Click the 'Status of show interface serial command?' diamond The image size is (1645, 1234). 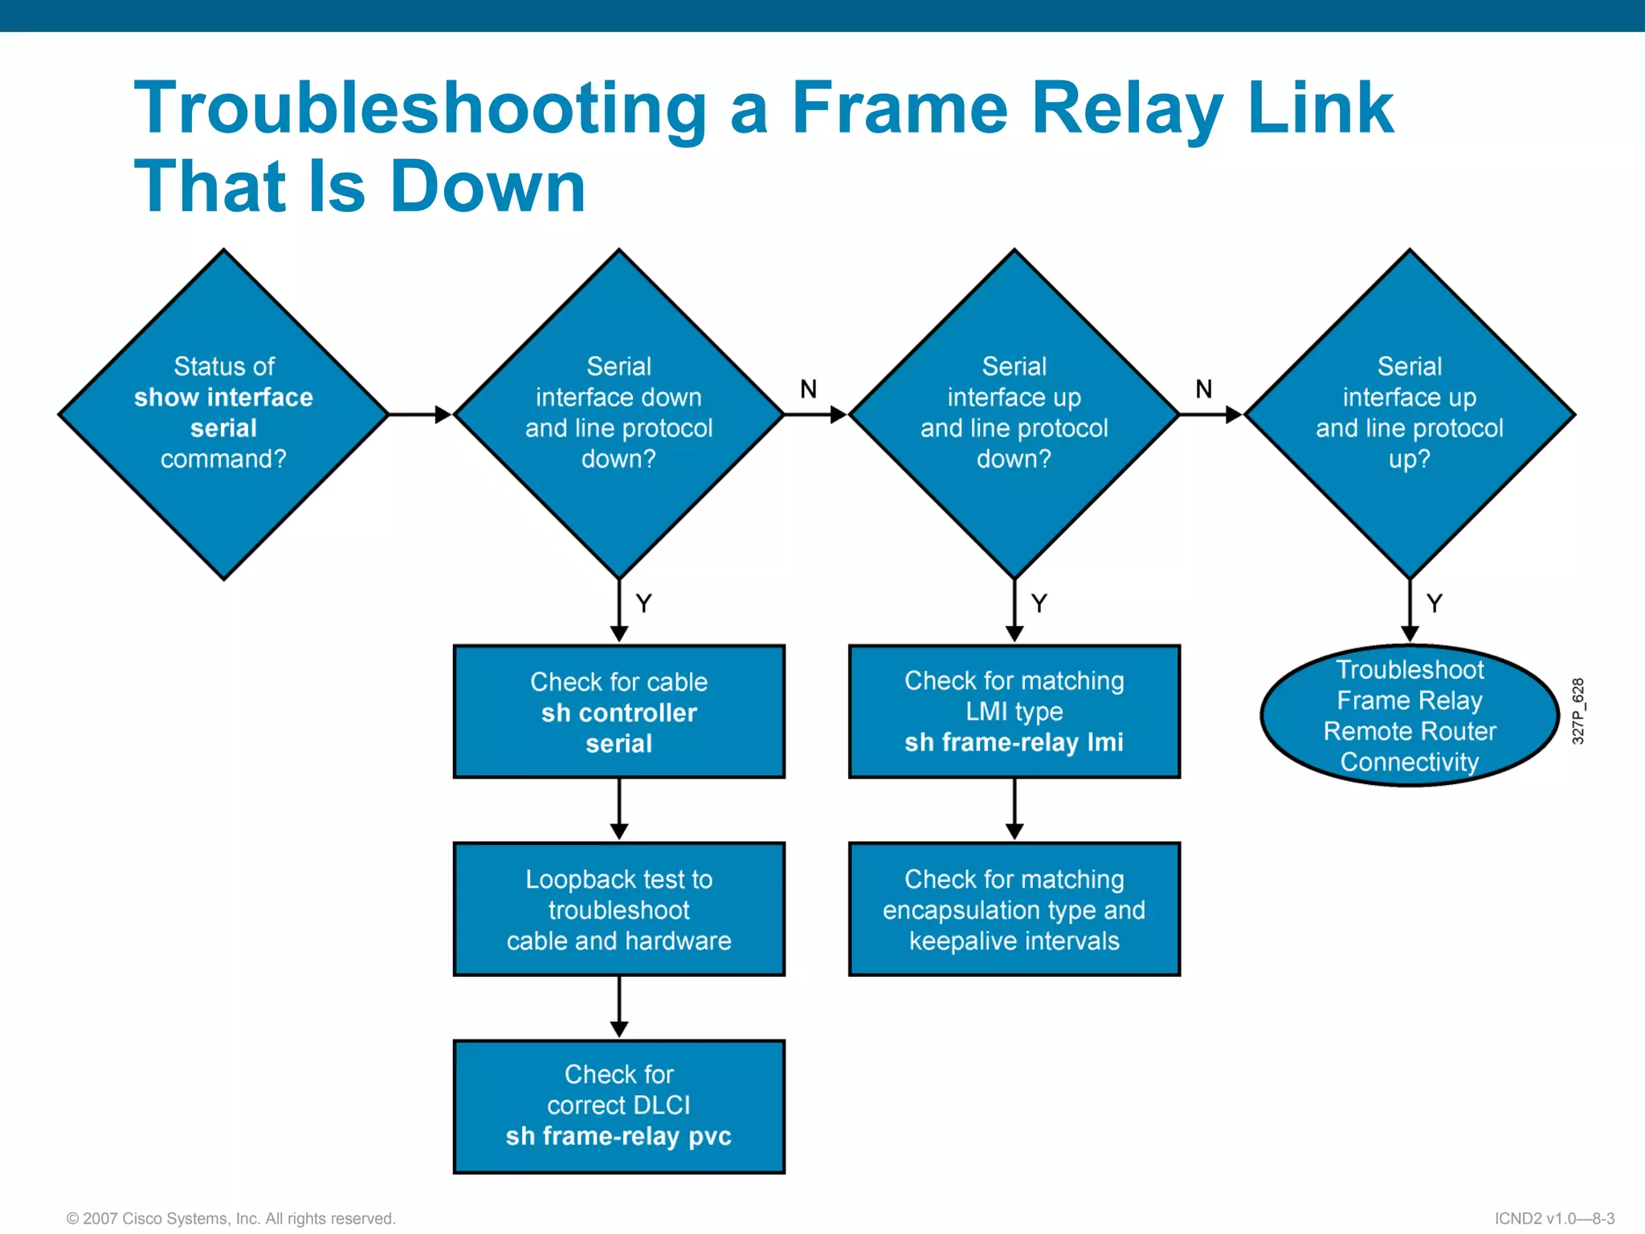pyautogui.click(x=223, y=414)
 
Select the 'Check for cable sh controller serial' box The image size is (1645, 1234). pyautogui.click(x=618, y=712)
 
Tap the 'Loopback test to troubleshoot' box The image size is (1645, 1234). pyautogui.click(x=618, y=909)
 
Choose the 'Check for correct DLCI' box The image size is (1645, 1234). pyautogui.click(x=618, y=1106)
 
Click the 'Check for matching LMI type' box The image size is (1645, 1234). pyautogui.click(x=1014, y=712)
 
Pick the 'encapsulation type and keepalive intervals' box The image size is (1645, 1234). pyautogui.click(x=1014, y=909)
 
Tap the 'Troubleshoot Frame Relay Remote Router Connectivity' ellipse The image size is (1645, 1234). pyautogui.click(x=1409, y=715)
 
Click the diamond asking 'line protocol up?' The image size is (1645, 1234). pyautogui.click(x=1409, y=414)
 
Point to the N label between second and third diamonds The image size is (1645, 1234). pyautogui.click(x=808, y=390)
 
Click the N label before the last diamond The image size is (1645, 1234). pyautogui.click(x=1203, y=390)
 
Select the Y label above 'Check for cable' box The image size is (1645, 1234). pyautogui.click(x=643, y=603)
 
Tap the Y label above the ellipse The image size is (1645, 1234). pyautogui.click(x=1434, y=603)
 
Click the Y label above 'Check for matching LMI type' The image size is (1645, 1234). pyautogui.click(x=1039, y=603)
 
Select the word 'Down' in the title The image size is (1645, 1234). pyautogui.click(x=488, y=186)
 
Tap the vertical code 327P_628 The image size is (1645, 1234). pyautogui.click(x=1578, y=711)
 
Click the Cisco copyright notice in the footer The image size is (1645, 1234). pyautogui.click(x=231, y=1219)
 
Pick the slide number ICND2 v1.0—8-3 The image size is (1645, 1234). pyautogui.click(x=1554, y=1219)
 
